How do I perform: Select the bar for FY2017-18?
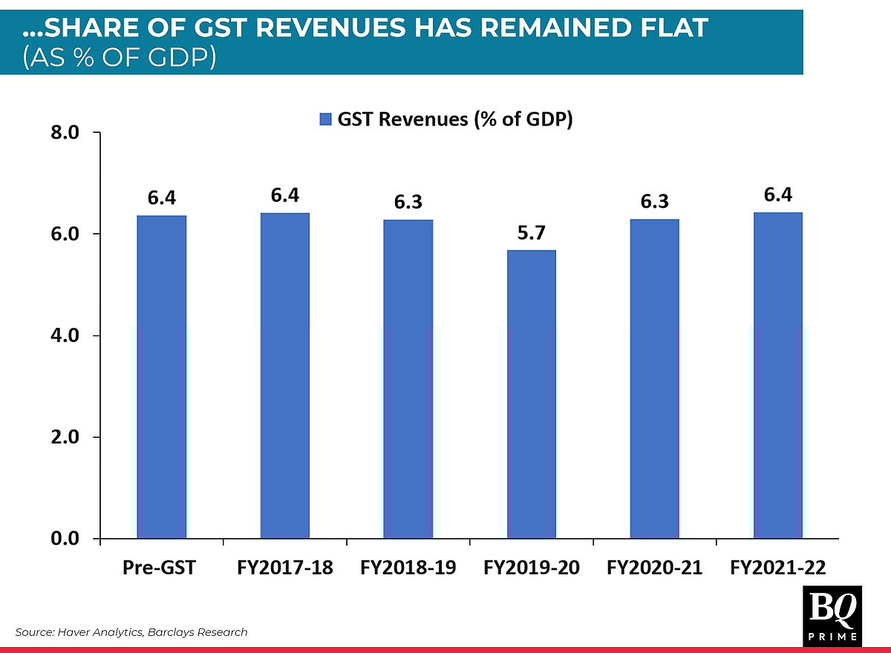pos(284,375)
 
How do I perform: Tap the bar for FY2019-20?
pos(531,394)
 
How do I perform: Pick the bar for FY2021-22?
pos(777,375)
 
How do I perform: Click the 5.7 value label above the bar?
pos(531,232)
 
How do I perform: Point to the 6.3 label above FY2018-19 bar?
pos(408,202)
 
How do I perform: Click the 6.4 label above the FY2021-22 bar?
pos(777,195)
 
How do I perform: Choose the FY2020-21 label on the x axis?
pos(654,568)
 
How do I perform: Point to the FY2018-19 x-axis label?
pos(408,568)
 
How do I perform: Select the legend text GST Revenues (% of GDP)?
pos(455,119)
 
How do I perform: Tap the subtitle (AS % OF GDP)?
pos(119,57)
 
